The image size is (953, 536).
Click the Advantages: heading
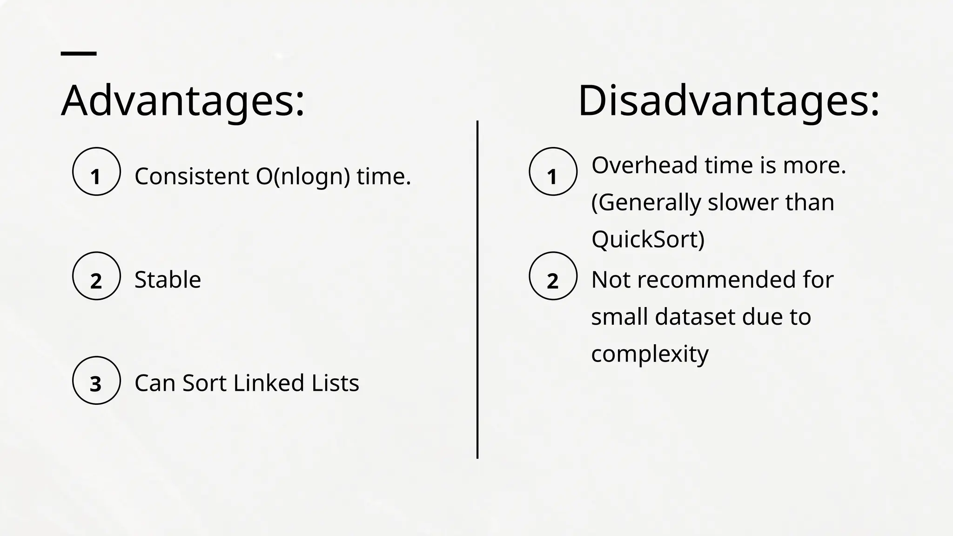[x=182, y=101]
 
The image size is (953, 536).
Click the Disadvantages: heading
[x=728, y=101]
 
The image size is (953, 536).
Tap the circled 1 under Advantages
[x=96, y=172]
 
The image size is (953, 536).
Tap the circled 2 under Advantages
[x=96, y=276]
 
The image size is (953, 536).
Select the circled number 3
[x=96, y=380]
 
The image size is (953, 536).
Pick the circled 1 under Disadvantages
[x=553, y=172]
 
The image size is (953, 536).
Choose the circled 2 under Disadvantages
[x=553, y=276]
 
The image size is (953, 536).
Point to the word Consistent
[x=191, y=176]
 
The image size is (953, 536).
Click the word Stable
[x=168, y=280]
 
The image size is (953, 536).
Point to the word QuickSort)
[x=648, y=239]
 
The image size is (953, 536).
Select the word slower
[x=743, y=202]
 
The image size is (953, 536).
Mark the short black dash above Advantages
[x=79, y=54]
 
